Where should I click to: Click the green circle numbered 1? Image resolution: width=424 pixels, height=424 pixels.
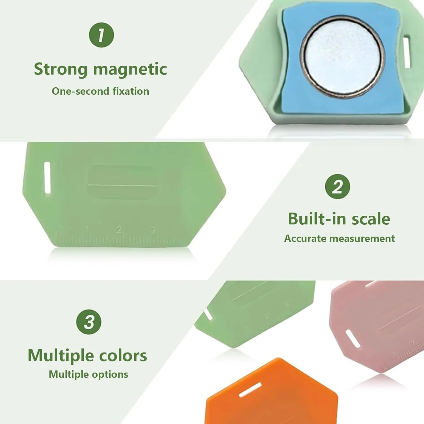pos(101,35)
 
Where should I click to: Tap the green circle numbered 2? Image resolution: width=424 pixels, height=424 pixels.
pos(338,187)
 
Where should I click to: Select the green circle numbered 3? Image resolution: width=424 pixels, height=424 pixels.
pos(89,322)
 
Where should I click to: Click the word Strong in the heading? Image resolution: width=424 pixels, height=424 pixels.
pos(61,69)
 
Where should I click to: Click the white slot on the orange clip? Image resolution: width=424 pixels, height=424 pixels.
pos(250,390)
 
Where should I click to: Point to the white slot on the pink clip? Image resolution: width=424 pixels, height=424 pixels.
pos(353,338)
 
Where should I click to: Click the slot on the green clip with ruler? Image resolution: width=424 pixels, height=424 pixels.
pos(47,178)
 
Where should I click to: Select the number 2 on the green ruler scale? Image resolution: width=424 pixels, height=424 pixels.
pos(119,229)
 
